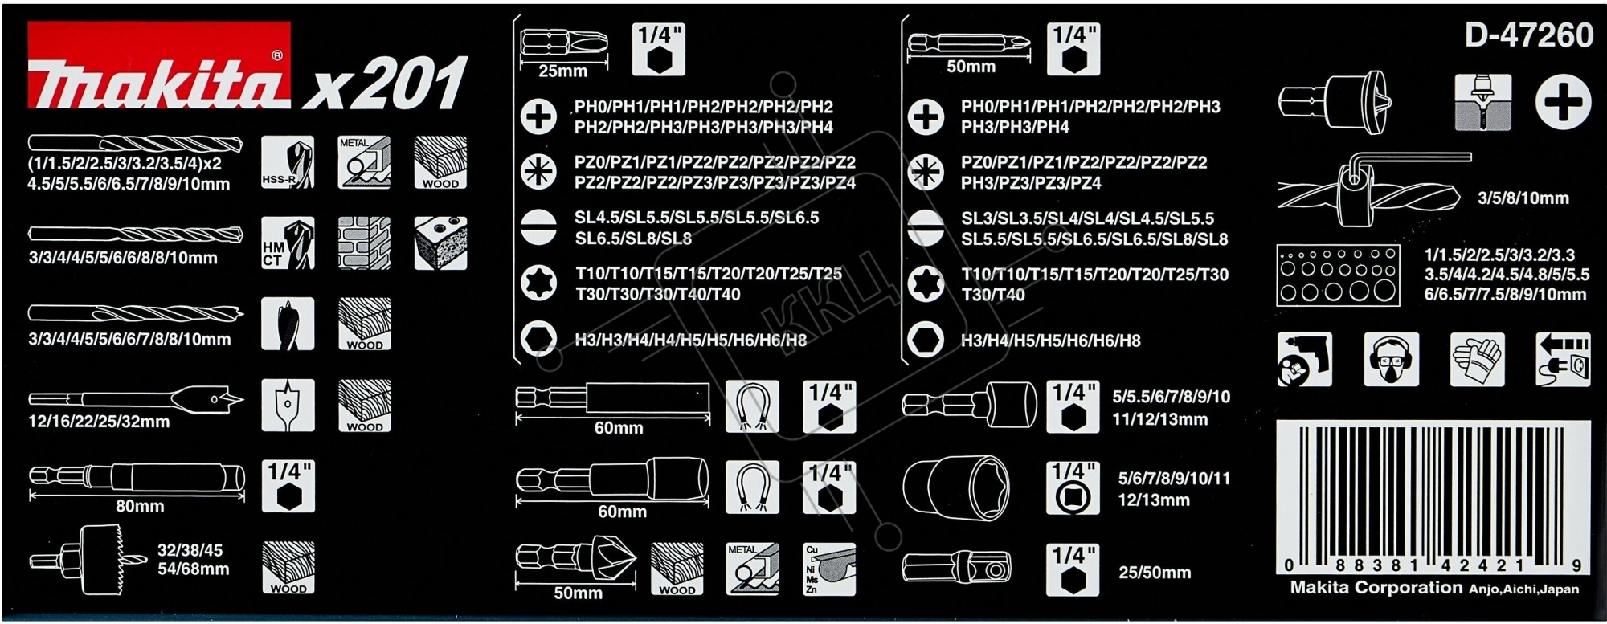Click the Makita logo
(159, 66)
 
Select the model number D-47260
(1528, 35)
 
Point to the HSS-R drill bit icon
(288, 162)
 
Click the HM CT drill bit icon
(288, 243)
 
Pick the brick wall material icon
(364, 243)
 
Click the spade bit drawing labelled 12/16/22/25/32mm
(137, 399)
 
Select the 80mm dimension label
(140, 506)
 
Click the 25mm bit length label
(562, 71)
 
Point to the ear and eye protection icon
(1390, 359)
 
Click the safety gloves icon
(1477, 359)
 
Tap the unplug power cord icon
(1563, 359)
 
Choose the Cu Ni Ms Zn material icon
(829, 569)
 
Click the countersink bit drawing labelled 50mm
(575, 558)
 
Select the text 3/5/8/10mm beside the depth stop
(1523, 198)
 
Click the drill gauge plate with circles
(1338, 275)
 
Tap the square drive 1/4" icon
(1073, 487)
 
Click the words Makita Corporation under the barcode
(1376, 588)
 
